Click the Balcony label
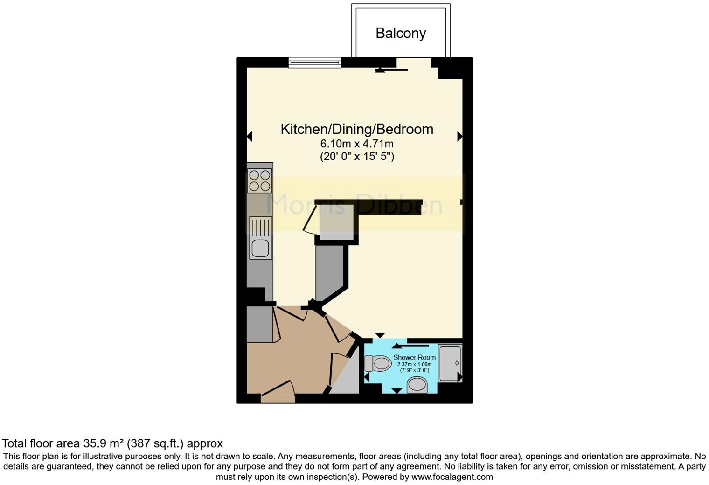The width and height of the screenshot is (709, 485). [401, 33]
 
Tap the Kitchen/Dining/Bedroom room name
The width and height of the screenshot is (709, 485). [357, 129]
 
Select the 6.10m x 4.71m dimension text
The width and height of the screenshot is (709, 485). [357, 144]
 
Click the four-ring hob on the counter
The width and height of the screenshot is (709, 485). [260, 180]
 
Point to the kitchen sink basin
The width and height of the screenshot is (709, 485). [261, 248]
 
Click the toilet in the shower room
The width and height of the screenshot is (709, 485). [378, 363]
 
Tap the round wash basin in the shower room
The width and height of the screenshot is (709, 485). [417, 385]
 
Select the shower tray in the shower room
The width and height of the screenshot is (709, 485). [450, 363]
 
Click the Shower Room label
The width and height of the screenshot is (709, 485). [414, 357]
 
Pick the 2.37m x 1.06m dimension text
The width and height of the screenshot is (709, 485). [414, 364]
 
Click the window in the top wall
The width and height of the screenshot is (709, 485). [314, 62]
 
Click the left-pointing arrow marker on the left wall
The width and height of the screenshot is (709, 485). [249, 136]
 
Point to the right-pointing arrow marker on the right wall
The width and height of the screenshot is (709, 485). [460, 136]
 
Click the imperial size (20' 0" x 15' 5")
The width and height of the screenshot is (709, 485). [357, 156]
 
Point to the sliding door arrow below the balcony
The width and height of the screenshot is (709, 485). [392, 70]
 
